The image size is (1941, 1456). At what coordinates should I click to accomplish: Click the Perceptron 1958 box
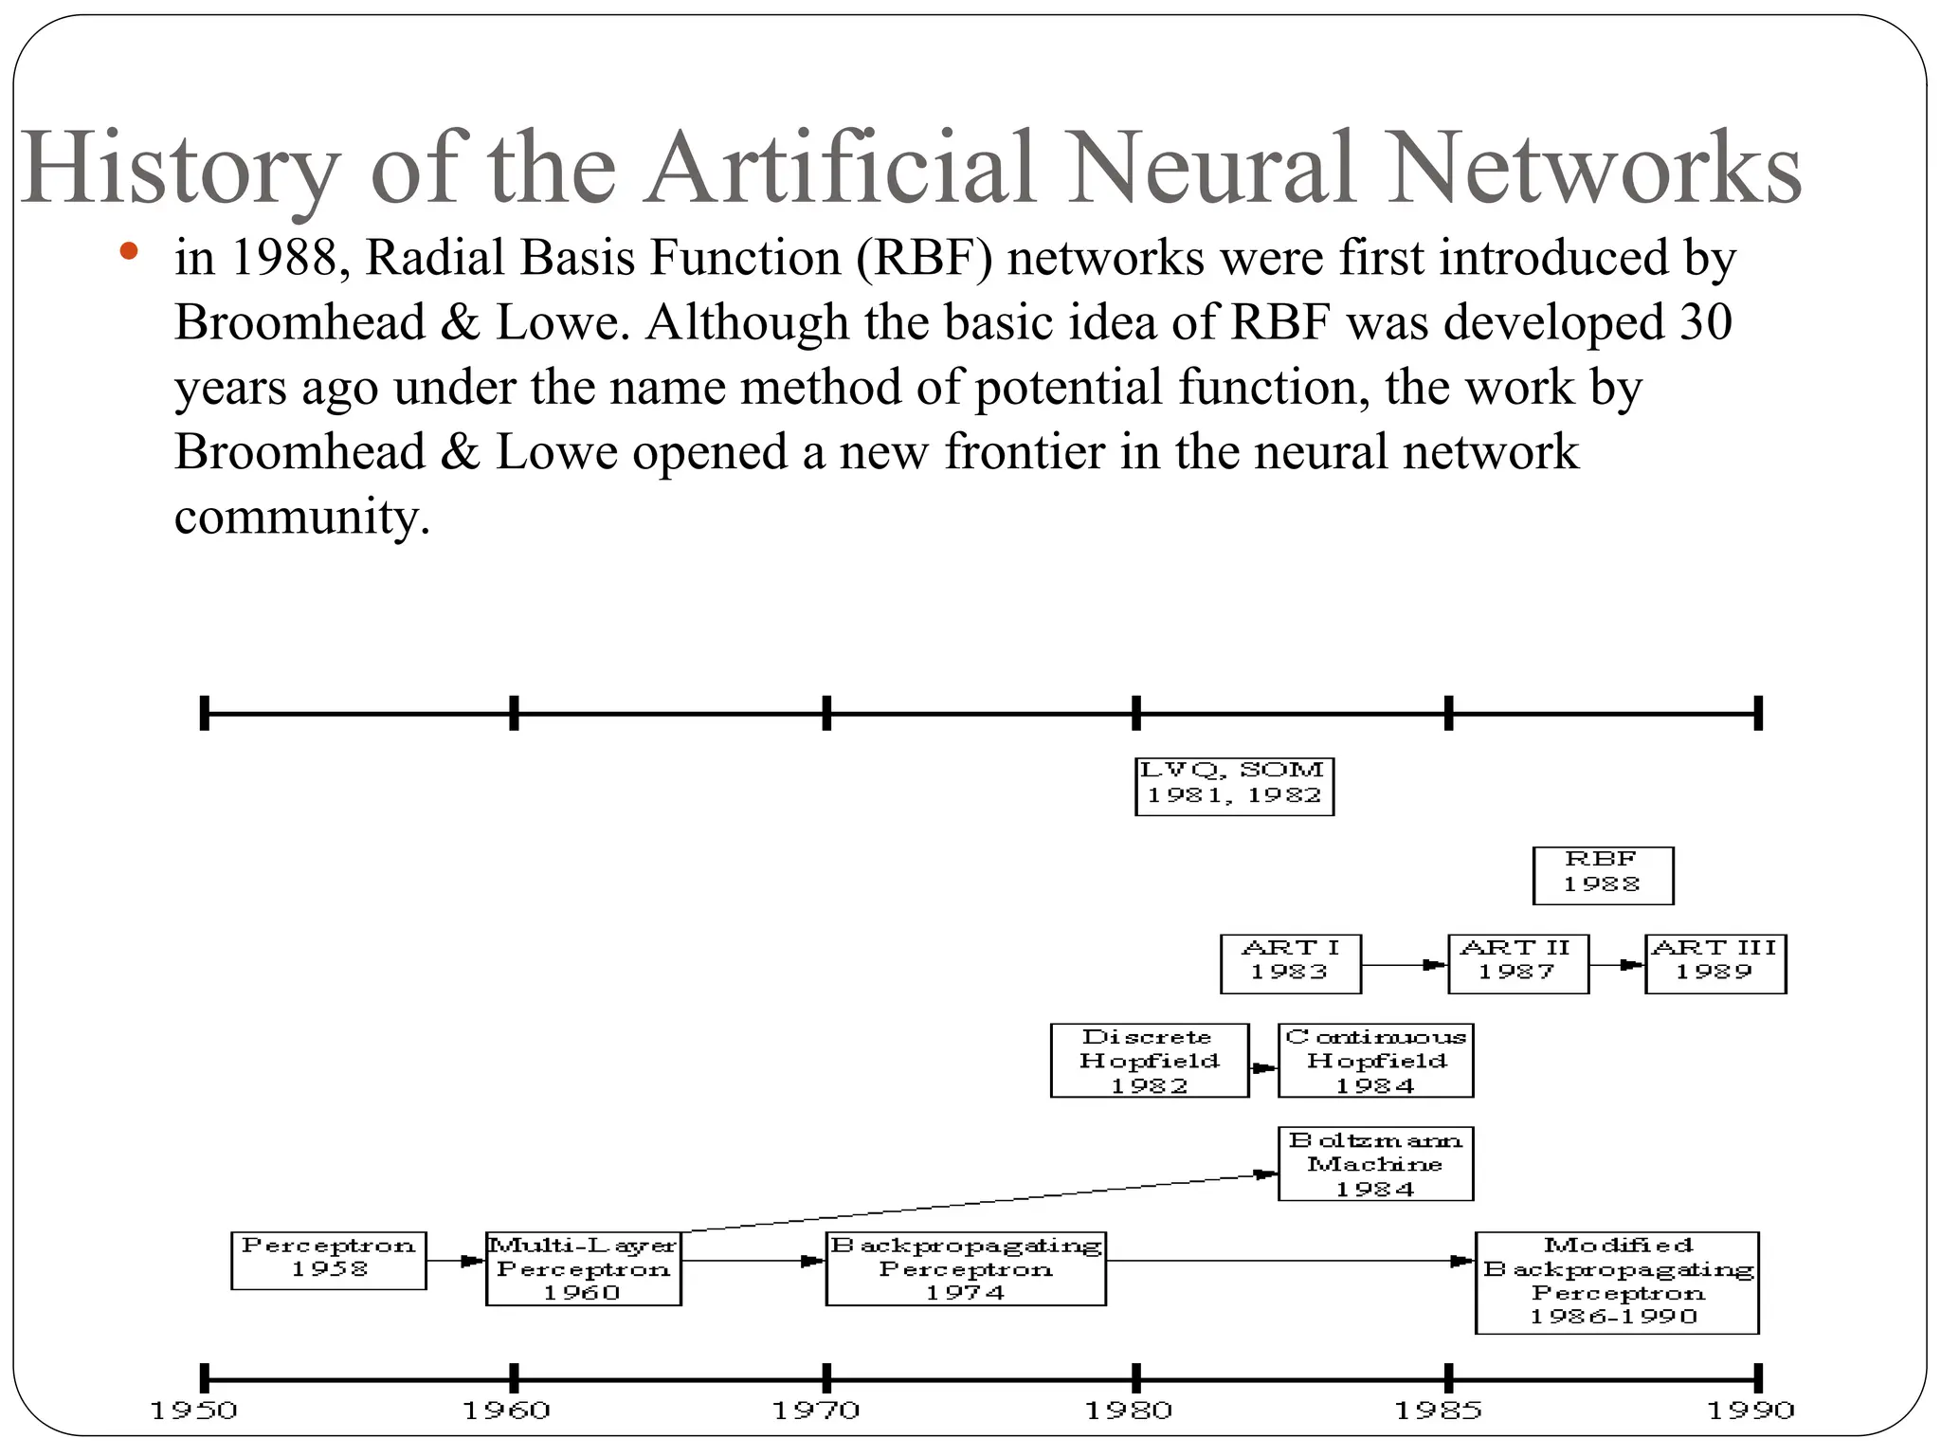tap(329, 1260)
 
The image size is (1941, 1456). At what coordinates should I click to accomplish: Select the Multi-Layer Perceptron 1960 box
tap(583, 1268)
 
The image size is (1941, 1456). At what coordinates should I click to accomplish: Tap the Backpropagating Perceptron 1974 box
tap(966, 1268)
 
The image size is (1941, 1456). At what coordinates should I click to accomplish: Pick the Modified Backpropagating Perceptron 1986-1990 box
tap(1617, 1283)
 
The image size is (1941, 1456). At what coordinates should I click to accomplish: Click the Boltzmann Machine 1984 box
tap(1375, 1164)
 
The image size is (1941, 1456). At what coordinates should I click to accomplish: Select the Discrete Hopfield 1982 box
tap(1150, 1061)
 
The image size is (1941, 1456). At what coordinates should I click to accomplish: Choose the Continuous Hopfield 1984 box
tap(1375, 1061)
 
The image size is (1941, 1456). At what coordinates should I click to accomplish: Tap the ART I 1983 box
tap(1290, 963)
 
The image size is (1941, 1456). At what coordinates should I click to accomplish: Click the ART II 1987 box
tap(1517, 963)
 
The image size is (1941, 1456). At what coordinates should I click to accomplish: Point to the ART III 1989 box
tap(1715, 963)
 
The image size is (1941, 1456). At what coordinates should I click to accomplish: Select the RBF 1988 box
tap(1603, 875)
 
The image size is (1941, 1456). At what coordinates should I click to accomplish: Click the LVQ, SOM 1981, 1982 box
tap(1234, 786)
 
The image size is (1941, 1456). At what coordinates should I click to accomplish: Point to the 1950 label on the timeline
tap(194, 1410)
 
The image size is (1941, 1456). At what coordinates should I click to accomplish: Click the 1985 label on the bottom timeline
tap(1438, 1410)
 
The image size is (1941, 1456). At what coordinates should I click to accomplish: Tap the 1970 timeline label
tap(816, 1410)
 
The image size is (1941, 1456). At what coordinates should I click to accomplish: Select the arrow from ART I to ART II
tap(1405, 965)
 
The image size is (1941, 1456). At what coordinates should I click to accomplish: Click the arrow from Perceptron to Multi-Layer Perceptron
tap(456, 1261)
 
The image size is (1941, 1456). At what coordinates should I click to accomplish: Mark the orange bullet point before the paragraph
tap(130, 252)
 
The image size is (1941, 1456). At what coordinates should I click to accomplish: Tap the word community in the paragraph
tap(302, 517)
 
